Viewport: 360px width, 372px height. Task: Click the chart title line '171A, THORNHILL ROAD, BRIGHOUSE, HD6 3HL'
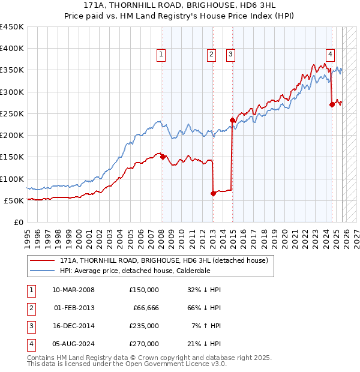point(180,5)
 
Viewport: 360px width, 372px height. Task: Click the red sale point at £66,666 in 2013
point(213,193)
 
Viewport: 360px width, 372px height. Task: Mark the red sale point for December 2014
point(232,120)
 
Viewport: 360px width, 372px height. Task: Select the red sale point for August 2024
point(332,105)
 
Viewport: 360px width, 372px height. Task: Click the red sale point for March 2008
point(163,157)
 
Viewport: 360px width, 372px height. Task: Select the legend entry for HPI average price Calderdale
point(135,271)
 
